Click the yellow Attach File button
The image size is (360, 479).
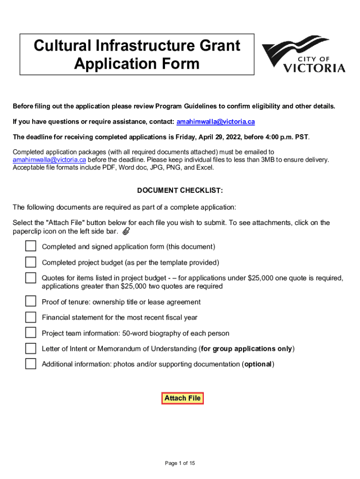click(182, 398)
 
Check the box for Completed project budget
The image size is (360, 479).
click(30, 262)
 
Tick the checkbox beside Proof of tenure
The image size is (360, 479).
click(30, 301)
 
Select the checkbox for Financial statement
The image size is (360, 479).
click(30, 317)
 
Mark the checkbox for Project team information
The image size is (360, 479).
click(30, 333)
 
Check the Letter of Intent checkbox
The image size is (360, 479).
click(30, 348)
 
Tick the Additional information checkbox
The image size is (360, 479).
click(30, 363)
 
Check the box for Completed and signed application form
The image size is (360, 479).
click(30, 246)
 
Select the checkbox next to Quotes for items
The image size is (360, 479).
click(30, 278)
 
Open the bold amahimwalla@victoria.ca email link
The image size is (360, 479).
click(216, 122)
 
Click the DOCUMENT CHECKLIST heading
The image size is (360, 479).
click(180, 191)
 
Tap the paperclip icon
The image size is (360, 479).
click(126, 232)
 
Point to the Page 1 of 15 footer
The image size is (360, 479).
click(180, 463)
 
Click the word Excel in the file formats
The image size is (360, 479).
click(204, 167)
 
